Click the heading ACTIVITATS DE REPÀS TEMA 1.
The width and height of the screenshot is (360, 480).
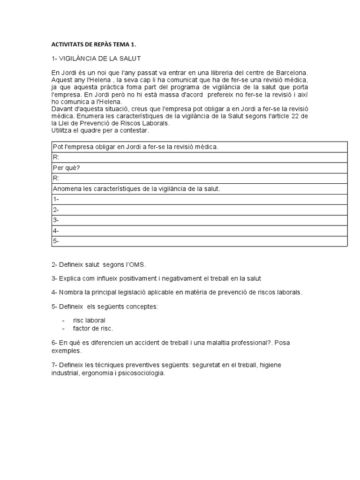[x=96, y=45]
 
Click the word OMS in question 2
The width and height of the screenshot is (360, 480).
[x=142, y=264]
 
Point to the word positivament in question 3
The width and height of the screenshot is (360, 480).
[x=135, y=278]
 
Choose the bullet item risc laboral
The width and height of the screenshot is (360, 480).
[x=89, y=321]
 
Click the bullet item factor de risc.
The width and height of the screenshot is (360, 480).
[x=93, y=328]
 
